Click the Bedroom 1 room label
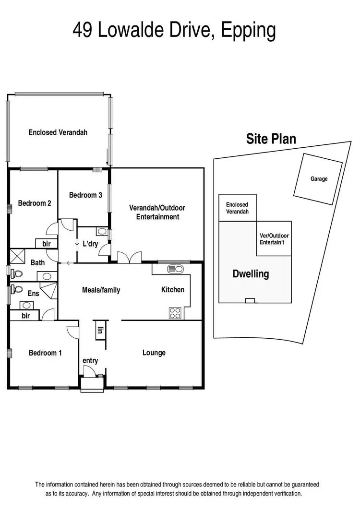click(x=45, y=353)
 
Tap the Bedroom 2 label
click(x=35, y=203)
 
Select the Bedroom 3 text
click(x=85, y=195)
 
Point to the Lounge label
click(x=154, y=353)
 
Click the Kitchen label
click(x=172, y=290)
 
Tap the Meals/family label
click(x=101, y=290)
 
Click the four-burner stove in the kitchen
click(x=175, y=313)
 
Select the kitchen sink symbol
click(x=175, y=269)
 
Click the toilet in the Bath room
click(x=17, y=273)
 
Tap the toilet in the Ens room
click(x=17, y=289)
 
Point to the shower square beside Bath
click(x=18, y=255)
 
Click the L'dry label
click(x=90, y=244)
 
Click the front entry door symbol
click(x=90, y=372)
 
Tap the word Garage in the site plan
click(x=319, y=179)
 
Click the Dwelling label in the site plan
click(x=251, y=274)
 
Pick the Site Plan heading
click(x=271, y=139)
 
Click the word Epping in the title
click(x=249, y=30)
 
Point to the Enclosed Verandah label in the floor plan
click(x=58, y=132)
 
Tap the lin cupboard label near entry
click(x=101, y=330)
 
